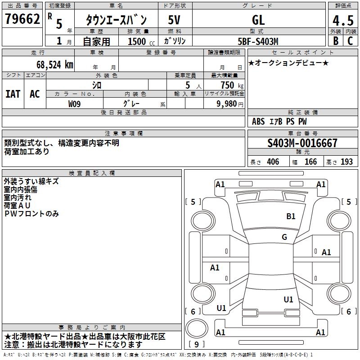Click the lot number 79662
[x=22, y=19]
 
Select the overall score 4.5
[x=342, y=20]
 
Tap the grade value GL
[x=258, y=20]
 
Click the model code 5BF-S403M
[x=258, y=41]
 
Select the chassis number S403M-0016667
[x=302, y=143]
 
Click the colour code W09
[x=75, y=103]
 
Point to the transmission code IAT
[x=13, y=94]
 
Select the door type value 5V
[x=174, y=20]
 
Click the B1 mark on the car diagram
[x=291, y=216]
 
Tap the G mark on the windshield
[x=284, y=237]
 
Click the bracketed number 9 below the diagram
[x=197, y=344]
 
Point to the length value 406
[x=273, y=162]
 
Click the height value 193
[x=347, y=162]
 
